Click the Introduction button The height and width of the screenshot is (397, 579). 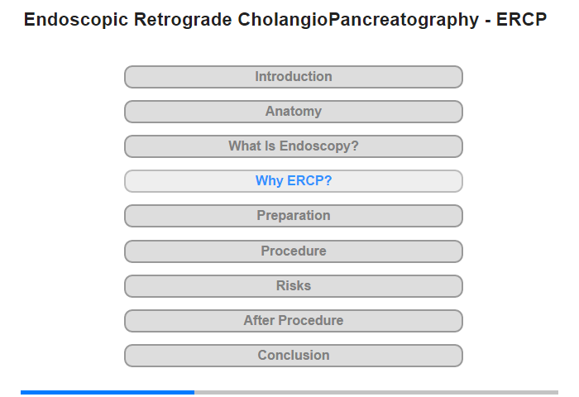[294, 77]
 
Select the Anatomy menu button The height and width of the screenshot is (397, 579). [294, 112]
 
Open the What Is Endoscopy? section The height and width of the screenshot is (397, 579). [294, 146]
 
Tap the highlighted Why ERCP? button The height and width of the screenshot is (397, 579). [294, 181]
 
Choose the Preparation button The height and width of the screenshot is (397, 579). [294, 216]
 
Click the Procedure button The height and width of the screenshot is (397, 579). [294, 251]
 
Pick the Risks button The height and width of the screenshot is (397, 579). [294, 286]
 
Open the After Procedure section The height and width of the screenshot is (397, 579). [294, 321]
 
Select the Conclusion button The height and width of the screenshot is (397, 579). [294, 356]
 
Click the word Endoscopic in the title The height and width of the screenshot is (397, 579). [76, 20]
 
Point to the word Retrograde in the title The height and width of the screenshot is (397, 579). [183, 20]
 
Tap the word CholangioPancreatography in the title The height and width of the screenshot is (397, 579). [358, 20]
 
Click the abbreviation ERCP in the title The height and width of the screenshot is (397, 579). [521, 20]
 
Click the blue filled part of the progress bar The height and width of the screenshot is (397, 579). [108, 392]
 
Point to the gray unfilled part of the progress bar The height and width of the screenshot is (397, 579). [376, 392]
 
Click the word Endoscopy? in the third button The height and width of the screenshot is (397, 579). [319, 146]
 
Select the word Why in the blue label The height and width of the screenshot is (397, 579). [270, 181]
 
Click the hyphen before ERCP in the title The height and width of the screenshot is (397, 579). [488, 22]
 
